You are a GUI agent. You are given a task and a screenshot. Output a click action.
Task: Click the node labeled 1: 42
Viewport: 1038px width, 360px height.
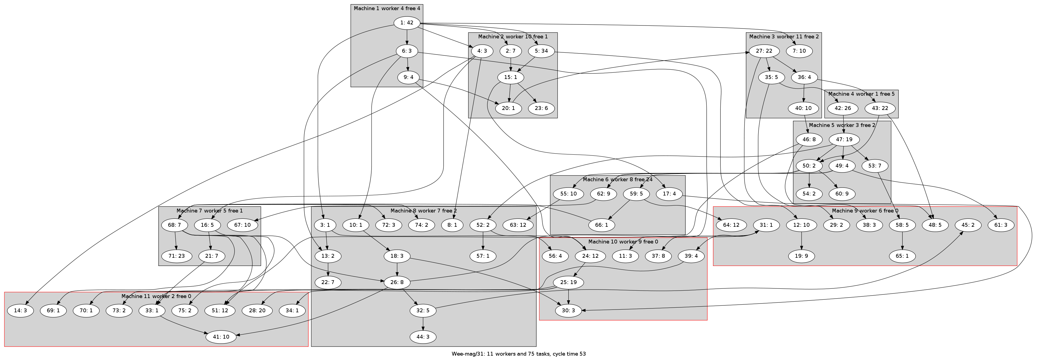(x=407, y=22)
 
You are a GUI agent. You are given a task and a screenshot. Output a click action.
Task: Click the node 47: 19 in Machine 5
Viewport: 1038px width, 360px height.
(x=843, y=140)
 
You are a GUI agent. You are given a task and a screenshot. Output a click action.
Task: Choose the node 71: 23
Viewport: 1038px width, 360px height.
(x=176, y=256)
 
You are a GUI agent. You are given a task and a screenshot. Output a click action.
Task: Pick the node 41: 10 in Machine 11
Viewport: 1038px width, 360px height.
(x=221, y=337)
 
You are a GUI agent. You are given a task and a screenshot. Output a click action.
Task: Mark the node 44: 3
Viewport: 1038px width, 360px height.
(x=423, y=337)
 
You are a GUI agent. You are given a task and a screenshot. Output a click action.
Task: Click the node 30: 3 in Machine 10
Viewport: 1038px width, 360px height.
(x=568, y=311)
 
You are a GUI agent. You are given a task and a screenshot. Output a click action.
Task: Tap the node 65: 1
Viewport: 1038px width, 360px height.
(x=902, y=256)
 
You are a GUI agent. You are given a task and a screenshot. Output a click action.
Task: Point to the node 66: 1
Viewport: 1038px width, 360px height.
(x=601, y=225)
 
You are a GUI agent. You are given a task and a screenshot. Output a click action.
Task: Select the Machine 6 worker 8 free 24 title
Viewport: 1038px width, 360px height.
(x=617, y=179)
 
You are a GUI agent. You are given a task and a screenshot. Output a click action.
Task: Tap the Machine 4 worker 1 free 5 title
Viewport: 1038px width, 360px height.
(x=861, y=94)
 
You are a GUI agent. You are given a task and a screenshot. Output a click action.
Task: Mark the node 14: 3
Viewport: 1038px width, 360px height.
(x=20, y=311)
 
